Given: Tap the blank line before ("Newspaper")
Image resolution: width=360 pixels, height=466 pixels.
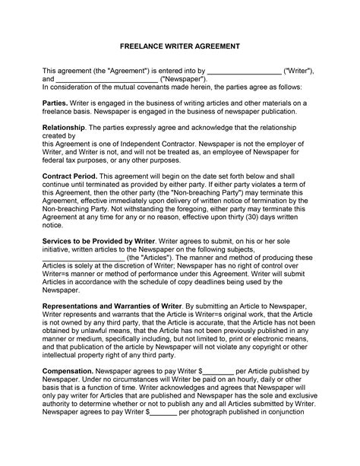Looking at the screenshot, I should click(107, 78).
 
